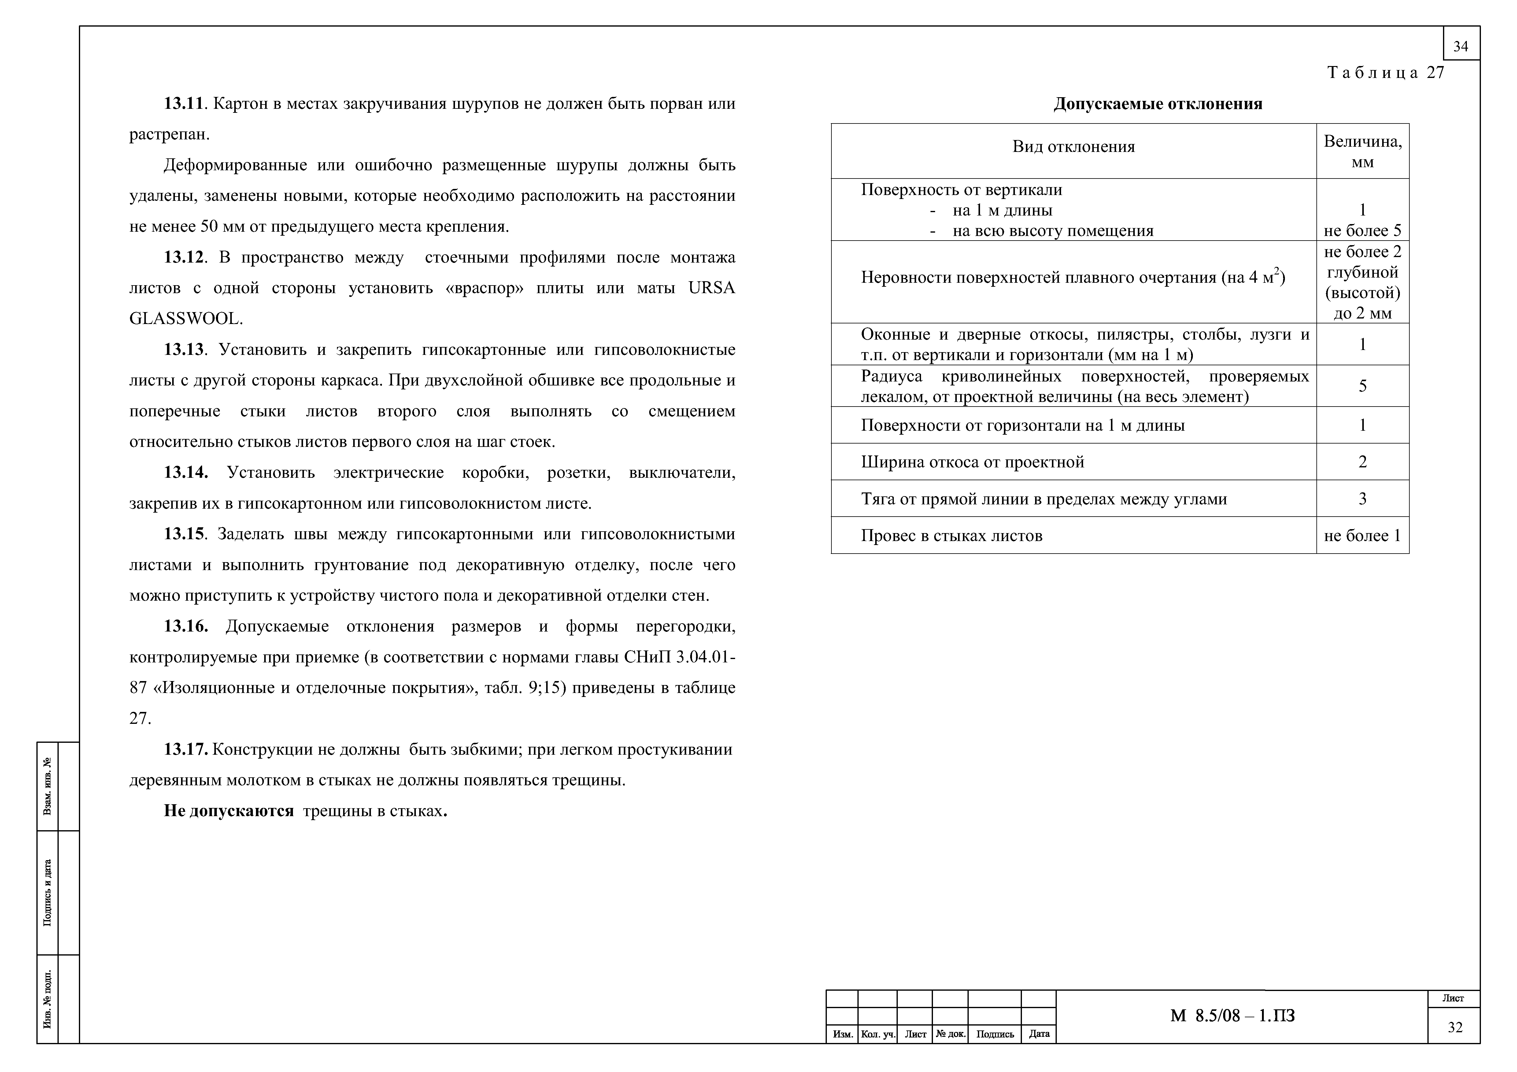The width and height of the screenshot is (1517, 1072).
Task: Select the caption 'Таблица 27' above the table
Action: (1386, 73)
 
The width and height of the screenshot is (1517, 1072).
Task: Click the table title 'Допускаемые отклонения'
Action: (1158, 104)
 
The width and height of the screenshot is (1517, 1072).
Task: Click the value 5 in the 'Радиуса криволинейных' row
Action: (1362, 386)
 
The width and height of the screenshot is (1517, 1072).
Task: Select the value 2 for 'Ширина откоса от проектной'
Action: (1362, 462)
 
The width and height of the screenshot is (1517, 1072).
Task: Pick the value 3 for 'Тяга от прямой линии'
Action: (1362, 499)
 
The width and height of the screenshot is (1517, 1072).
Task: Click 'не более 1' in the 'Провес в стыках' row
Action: (1362, 536)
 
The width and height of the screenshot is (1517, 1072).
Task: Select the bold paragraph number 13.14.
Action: (186, 473)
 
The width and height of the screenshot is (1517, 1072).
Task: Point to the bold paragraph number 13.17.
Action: (186, 750)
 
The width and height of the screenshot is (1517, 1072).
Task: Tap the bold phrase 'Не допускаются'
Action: (229, 811)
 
